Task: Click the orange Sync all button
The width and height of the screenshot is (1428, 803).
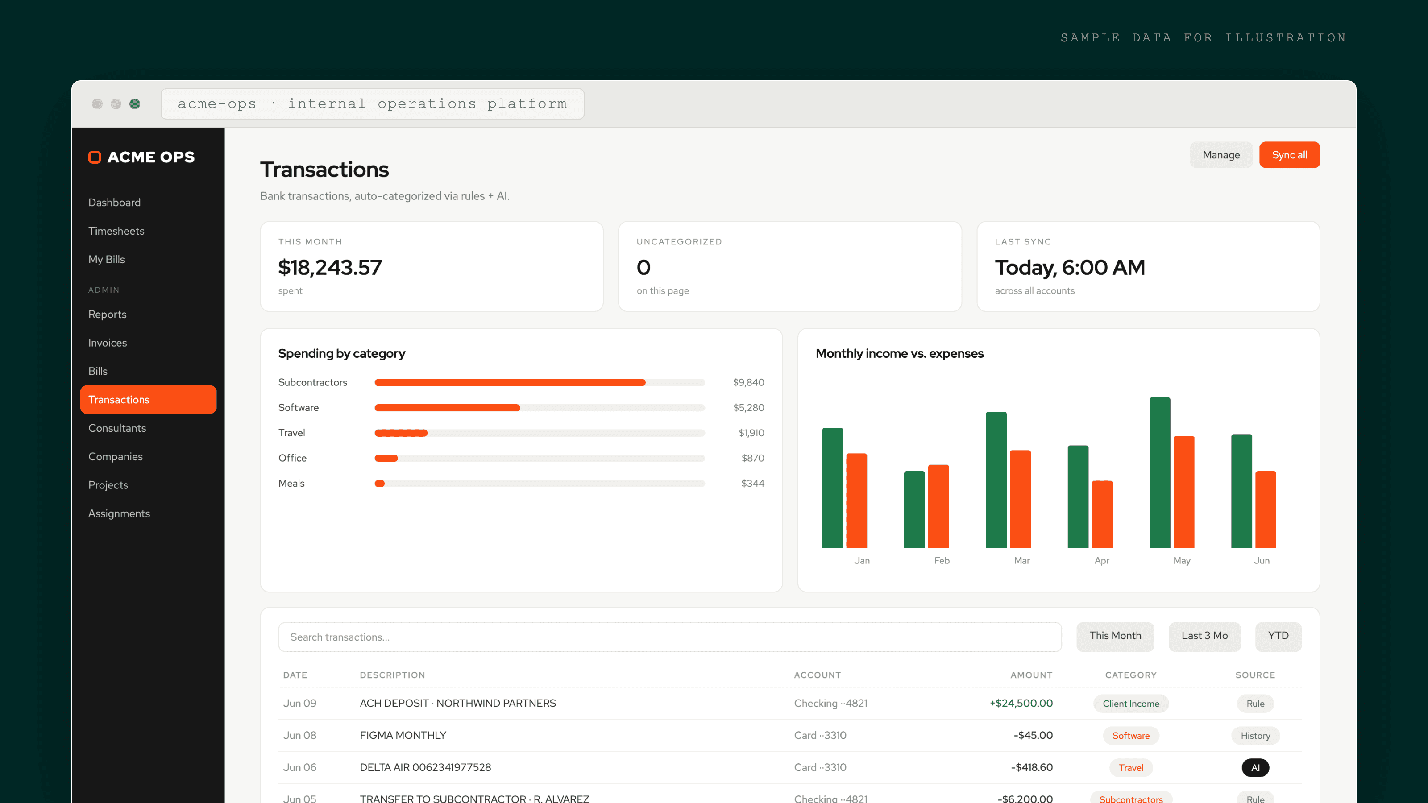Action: pyautogui.click(x=1289, y=155)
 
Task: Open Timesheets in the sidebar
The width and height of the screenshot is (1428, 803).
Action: pyautogui.click(x=116, y=231)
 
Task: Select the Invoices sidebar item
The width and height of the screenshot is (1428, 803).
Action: pyautogui.click(x=107, y=343)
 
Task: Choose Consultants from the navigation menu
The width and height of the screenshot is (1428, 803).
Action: pyautogui.click(x=117, y=428)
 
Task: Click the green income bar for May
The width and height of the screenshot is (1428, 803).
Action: pyautogui.click(x=1160, y=473)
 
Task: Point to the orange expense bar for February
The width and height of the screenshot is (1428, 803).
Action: pyautogui.click(x=938, y=506)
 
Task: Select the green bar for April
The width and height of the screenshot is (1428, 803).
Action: pyautogui.click(x=1078, y=497)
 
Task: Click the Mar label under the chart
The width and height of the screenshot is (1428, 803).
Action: pyautogui.click(x=1021, y=560)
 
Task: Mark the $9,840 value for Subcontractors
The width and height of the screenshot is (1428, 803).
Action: pyautogui.click(x=748, y=382)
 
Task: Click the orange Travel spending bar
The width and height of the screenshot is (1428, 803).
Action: pyautogui.click(x=401, y=433)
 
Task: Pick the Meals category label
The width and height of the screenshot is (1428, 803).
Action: pyautogui.click(x=291, y=483)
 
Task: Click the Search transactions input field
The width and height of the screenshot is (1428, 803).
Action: pyautogui.click(x=670, y=637)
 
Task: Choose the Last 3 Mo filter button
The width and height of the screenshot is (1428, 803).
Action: pyautogui.click(x=1204, y=636)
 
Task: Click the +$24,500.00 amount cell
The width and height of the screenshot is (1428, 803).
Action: pyautogui.click(x=1021, y=703)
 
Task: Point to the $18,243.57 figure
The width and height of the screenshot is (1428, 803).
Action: pyautogui.click(x=330, y=268)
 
